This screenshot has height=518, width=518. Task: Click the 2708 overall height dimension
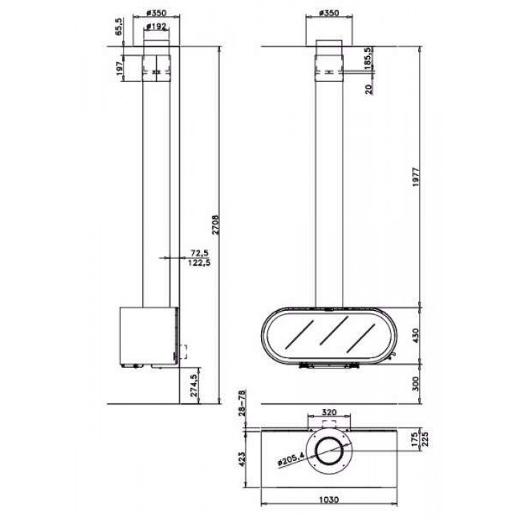(x=215, y=225)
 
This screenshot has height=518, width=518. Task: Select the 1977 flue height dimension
(x=416, y=177)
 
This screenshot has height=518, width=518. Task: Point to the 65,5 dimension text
(x=118, y=27)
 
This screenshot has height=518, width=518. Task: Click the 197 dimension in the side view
(x=119, y=68)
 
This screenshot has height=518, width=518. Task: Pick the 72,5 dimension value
(x=200, y=253)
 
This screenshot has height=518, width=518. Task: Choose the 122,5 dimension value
(x=199, y=263)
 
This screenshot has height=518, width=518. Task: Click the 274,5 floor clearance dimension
(x=194, y=385)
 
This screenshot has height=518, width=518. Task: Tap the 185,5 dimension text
(x=369, y=58)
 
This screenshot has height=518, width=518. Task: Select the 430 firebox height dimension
(x=416, y=335)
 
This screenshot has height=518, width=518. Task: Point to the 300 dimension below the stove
(x=416, y=383)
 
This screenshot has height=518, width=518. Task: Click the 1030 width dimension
(x=329, y=499)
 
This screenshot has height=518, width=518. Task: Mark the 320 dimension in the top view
(x=329, y=412)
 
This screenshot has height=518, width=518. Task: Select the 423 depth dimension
(x=242, y=459)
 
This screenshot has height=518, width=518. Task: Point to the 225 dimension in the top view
(x=425, y=440)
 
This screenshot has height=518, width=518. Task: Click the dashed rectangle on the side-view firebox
(x=183, y=351)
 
